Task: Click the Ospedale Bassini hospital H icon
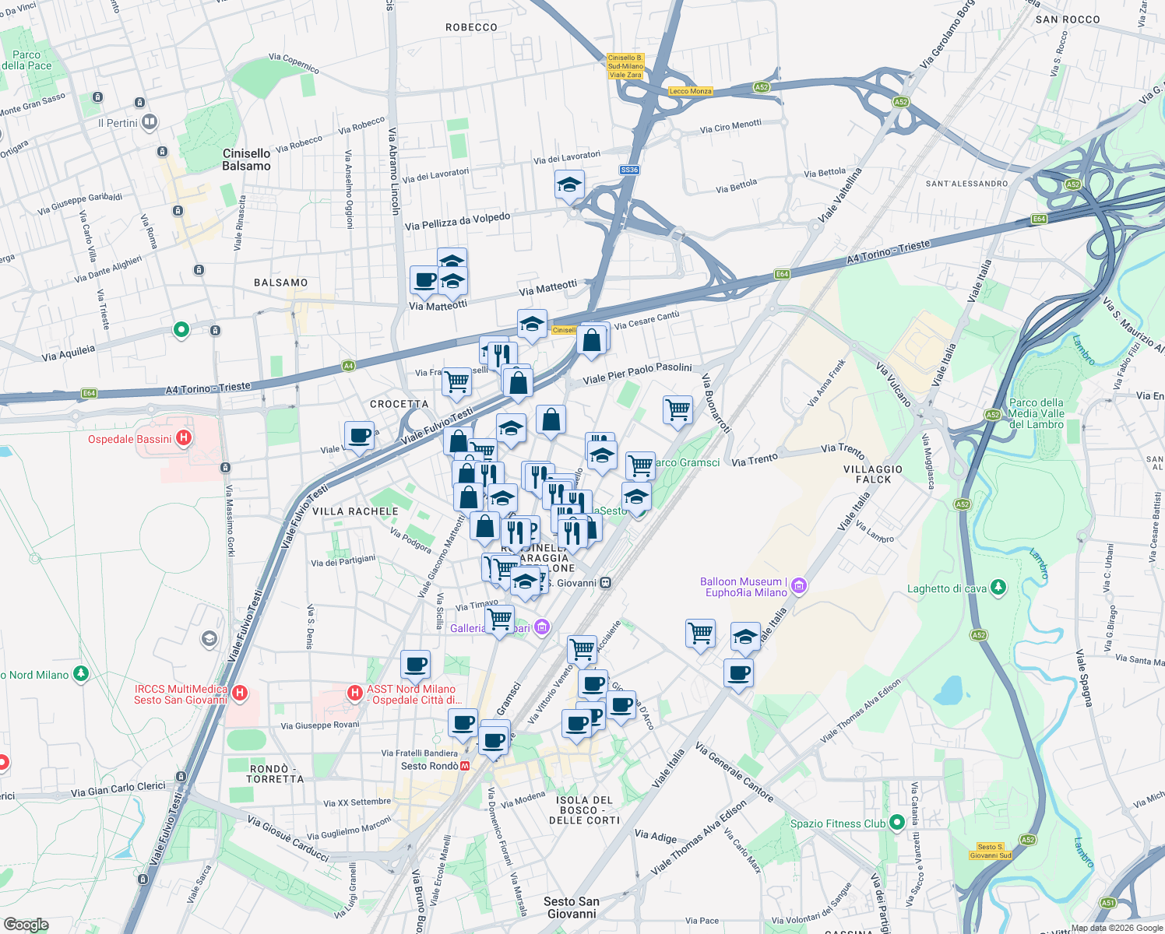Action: [184, 438]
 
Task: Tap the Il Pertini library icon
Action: [150, 122]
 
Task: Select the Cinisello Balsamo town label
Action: [246, 160]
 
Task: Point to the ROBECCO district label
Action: [471, 27]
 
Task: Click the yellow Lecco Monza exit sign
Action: [690, 91]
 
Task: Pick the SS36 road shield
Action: [629, 170]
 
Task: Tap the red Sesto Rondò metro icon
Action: [466, 766]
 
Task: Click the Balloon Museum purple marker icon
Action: [799, 586]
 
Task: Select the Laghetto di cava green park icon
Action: [999, 588]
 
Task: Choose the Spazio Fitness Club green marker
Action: [897, 822]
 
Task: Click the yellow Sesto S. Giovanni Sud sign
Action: [991, 851]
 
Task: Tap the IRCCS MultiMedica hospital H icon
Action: [240, 692]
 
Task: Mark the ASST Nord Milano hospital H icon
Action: [355, 692]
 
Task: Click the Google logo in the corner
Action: [26, 924]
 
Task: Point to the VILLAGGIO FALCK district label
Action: [873, 474]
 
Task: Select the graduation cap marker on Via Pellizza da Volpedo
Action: [569, 186]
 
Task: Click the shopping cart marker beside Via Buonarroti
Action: [678, 409]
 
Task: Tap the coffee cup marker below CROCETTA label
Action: [359, 435]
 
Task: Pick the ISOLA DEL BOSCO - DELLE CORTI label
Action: [584, 810]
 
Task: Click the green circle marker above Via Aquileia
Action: [181, 330]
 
